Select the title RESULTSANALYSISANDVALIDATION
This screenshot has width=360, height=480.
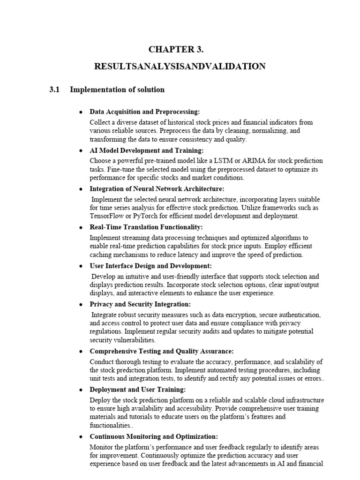pos(180,67)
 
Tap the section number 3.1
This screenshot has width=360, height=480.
pos(55,90)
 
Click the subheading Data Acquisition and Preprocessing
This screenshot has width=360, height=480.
pos(145,112)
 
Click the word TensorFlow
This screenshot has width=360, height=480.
pos(106,217)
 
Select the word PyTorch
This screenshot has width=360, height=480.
pos(145,217)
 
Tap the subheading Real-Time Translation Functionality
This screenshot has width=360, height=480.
pos(146,227)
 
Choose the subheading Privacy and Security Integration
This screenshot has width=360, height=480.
pos(140,304)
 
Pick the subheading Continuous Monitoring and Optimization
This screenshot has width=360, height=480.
pos(154,436)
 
